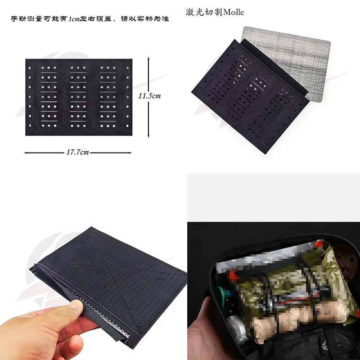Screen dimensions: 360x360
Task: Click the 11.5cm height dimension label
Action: click(x=149, y=96)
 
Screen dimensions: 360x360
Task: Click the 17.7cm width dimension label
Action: click(x=77, y=152)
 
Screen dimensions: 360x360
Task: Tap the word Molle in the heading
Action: click(x=234, y=12)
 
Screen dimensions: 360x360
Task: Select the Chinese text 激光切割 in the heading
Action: click(x=204, y=12)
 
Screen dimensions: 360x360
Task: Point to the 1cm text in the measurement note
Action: click(x=74, y=19)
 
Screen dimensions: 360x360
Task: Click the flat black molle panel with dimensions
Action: click(x=79, y=97)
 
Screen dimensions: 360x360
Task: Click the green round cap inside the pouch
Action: click(x=221, y=293)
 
